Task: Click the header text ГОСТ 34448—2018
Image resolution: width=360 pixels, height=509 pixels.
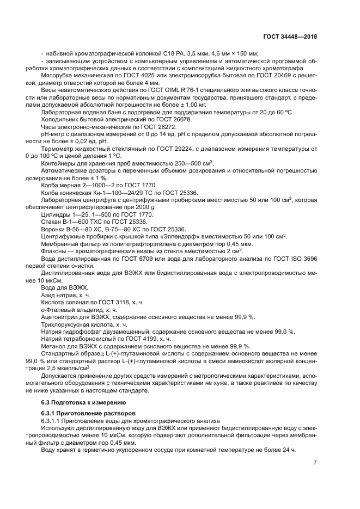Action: (290, 36)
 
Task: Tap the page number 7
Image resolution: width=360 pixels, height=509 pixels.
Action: (315, 463)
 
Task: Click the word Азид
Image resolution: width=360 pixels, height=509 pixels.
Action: (49, 295)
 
